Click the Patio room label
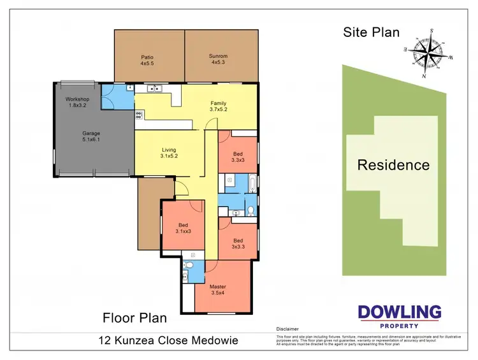pyautogui.click(x=148, y=60)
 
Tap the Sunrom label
pyautogui.click(x=219, y=60)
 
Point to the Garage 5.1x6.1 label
pyautogui.click(x=92, y=136)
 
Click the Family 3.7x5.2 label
pyautogui.click(x=219, y=106)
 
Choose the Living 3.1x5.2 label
pyautogui.click(x=169, y=151)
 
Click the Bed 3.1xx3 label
pyautogui.click(x=183, y=228)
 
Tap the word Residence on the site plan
pyautogui.click(x=393, y=165)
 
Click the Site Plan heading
pyautogui.click(x=372, y=32)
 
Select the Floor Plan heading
pyautogui.click(x=135, y=317)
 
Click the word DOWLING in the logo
pyautogui.click(x=399, y=312)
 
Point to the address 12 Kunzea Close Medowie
pyautogui.click(x=168, y=340)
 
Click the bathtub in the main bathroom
pyautogui.click(x=253, y=185)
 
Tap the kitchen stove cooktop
pyautogui.click(x=138, y=115)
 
